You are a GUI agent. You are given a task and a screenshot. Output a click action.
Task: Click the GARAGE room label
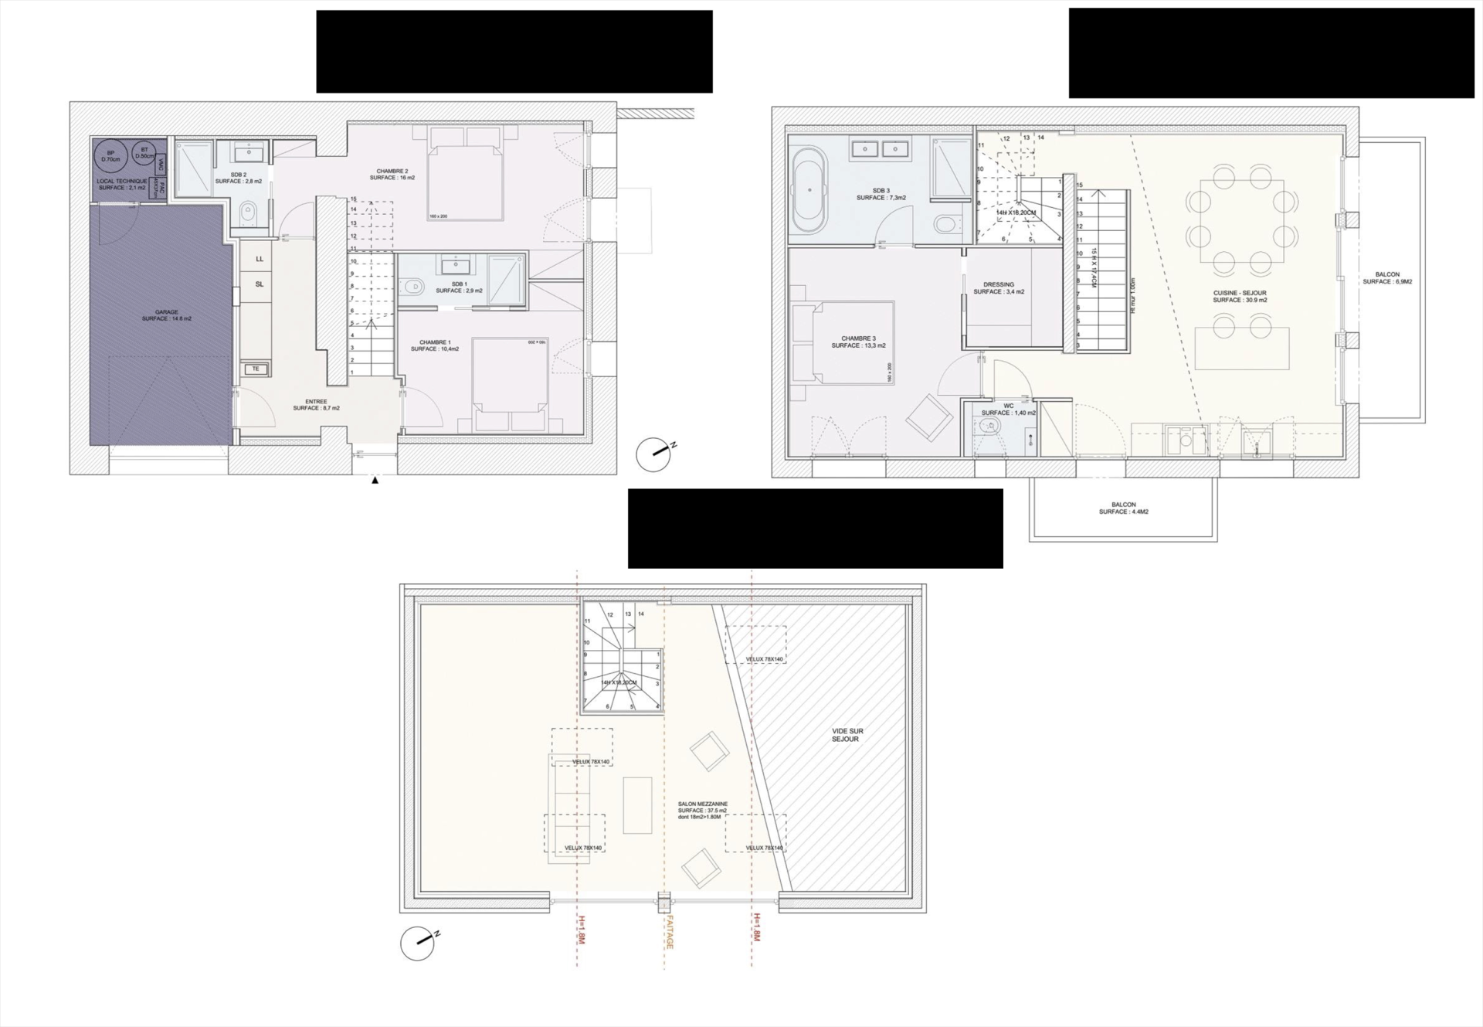166,315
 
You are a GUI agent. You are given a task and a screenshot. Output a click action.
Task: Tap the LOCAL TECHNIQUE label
121,184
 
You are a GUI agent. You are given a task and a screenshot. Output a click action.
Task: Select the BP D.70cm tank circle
110,156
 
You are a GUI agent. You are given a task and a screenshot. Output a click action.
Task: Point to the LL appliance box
260,259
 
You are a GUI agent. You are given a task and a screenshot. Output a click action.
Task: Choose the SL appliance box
260,284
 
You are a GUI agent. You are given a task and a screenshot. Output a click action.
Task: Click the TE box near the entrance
256,369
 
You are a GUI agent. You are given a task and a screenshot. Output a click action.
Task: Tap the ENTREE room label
316,405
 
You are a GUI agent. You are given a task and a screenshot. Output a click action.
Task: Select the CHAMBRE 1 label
435,345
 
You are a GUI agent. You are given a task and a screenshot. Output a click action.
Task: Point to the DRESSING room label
999,288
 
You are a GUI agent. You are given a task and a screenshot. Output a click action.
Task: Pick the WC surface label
1008,410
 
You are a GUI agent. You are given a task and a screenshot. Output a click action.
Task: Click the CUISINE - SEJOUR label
1240,297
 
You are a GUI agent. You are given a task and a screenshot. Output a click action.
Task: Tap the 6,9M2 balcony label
1387,278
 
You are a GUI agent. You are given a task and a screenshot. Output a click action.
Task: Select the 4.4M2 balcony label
1123,508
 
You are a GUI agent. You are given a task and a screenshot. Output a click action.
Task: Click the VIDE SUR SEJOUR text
847,735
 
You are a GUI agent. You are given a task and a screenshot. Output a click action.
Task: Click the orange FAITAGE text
667,932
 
